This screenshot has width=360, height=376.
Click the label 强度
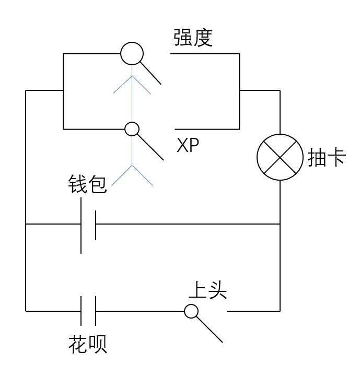(193, 38)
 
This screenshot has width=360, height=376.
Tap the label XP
(188, 146)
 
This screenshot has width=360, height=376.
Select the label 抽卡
(327, 158)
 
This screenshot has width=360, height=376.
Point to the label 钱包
(87, 184)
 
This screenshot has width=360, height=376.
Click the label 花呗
(87, 345)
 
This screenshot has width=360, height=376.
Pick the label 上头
(207, 290)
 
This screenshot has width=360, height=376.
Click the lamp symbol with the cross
(280, 157)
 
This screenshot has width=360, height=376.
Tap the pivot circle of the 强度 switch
(132, 53)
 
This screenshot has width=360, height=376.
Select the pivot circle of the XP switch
(132, 128)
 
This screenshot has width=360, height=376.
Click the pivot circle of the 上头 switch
(191, 311)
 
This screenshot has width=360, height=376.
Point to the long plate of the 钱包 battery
(81, 225)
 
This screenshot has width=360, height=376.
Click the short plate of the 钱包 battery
(96, 225)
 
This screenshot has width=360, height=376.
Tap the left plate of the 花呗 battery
(81, 311)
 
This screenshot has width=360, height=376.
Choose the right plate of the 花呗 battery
(96, 311)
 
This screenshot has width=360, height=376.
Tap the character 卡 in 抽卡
(336, 158)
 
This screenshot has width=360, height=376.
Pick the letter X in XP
(182, 146)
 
